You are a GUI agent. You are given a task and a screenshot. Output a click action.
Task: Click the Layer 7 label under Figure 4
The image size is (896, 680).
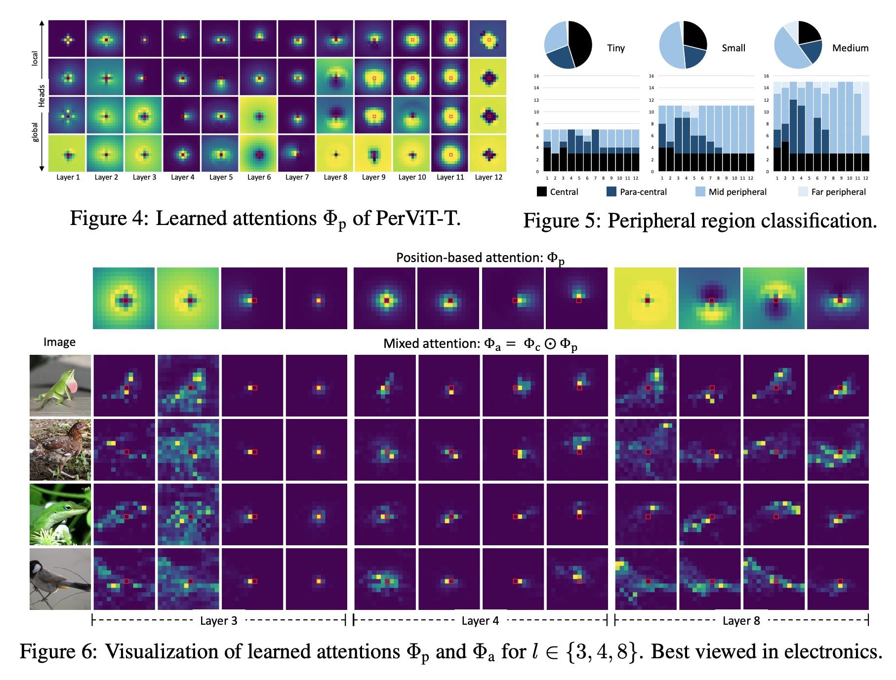point(297,177)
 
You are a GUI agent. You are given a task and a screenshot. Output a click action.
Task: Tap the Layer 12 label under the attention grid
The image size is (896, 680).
point(489,177)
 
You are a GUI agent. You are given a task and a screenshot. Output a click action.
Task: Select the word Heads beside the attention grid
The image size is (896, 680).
point(42,96)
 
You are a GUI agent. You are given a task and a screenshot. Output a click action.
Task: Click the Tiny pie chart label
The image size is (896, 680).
point(615,48)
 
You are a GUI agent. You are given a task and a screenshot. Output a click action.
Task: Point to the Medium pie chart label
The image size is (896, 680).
point(850,48)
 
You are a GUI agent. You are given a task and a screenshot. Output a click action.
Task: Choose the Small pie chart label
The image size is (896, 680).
point(733,48)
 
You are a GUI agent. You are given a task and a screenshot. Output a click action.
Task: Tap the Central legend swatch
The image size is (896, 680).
point(542,192)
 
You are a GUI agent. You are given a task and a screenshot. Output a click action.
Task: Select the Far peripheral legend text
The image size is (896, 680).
point(838,192)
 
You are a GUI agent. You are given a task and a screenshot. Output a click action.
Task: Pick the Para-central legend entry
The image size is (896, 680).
point(643,192)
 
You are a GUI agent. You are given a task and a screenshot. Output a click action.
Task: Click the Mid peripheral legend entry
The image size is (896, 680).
point(737,192)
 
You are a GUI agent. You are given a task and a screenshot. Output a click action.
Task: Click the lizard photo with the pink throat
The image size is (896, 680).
point(60,385)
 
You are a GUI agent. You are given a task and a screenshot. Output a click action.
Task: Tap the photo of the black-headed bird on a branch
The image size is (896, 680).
point(60,578)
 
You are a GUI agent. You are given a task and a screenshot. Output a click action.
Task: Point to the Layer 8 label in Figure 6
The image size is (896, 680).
point(741,621)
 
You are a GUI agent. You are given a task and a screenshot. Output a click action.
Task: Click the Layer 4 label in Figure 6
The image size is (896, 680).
point(480,621)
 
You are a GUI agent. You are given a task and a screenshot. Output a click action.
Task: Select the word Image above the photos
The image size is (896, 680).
point(59,342)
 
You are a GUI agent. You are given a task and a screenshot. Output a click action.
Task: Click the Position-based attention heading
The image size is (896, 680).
point(480,258)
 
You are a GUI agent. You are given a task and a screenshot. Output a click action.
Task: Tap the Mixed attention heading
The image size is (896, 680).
point(480,344)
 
